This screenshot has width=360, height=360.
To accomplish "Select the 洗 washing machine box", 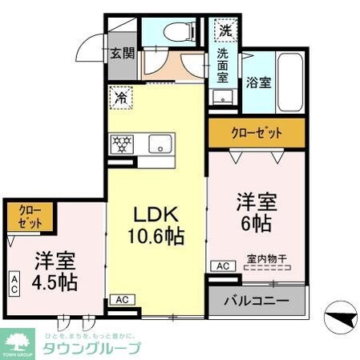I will [224, 31].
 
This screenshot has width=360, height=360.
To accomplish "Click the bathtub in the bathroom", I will [289, 84].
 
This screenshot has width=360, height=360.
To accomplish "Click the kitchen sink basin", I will [160, 145].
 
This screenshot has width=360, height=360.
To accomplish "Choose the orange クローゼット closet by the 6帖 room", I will [257, 133].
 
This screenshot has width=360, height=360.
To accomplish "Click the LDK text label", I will [156, 216].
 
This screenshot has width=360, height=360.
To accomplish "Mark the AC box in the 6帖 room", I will [222, 265].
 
